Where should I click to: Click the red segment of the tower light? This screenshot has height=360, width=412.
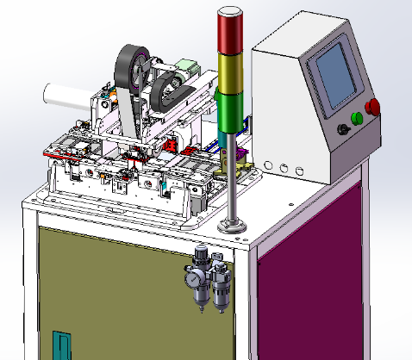coord(230,34)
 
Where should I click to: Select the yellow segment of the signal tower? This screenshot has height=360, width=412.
coord(230,71)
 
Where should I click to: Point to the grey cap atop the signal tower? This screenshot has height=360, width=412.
coord(230,10)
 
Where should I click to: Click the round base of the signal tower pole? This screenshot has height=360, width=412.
coord(233,227)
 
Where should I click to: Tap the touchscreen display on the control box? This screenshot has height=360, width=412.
coord(336,75)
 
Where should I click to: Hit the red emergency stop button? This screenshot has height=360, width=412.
coord(373,108)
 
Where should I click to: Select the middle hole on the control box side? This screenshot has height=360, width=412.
coord(282,164)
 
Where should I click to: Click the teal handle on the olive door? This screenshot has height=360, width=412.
coord(59,345)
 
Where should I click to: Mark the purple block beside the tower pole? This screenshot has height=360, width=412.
coord(243,156)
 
